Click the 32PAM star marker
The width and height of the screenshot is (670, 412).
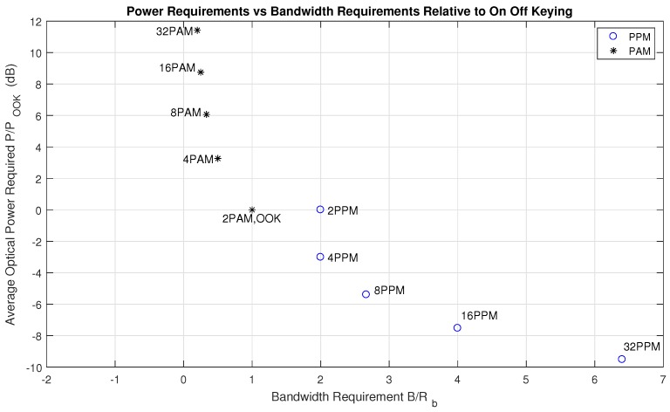pos(197,31)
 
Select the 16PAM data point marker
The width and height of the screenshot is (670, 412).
pos(201,72)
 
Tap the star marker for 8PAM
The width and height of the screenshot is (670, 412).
pos(206,114)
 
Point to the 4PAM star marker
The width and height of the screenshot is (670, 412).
pos(217,159)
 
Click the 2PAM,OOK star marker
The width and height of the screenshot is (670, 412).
pos(252,209)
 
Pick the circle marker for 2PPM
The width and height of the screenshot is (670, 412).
pos(320,209)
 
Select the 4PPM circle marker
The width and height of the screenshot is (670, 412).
pos(320,257)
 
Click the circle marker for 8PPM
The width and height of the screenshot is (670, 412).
pos(366,294)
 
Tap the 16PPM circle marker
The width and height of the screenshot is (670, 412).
pos(457,327)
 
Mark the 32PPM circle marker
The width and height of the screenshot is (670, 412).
pos(622,359)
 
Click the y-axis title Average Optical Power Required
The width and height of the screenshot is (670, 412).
pos(12,202)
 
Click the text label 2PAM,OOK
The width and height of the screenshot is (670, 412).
pos(251,219)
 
